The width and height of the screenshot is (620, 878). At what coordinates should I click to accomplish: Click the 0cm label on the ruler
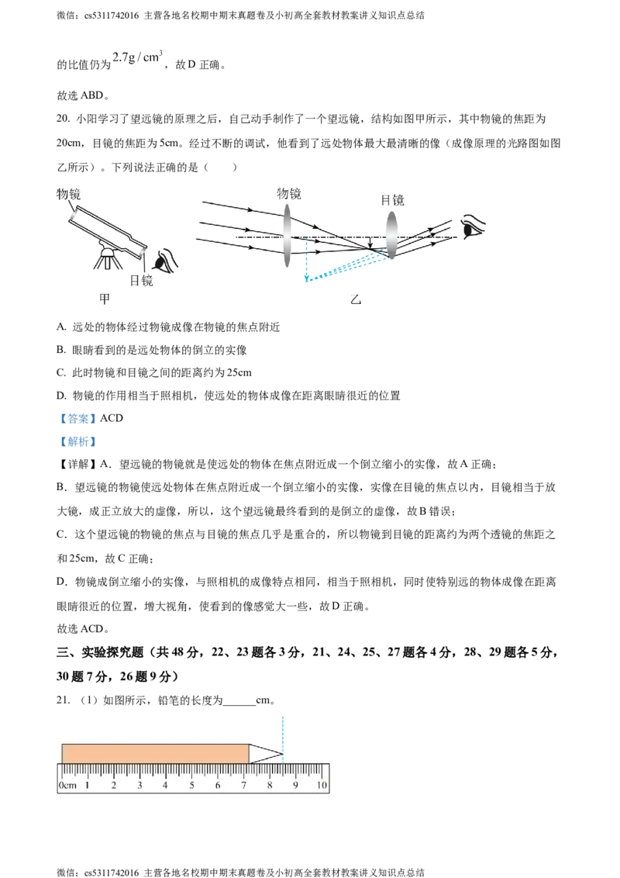pos(67,786)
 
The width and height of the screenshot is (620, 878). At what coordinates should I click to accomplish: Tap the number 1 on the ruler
pos(87,786)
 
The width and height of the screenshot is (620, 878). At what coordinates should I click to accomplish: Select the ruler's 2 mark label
pos(113,786)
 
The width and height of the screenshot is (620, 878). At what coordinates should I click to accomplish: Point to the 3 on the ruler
pos(139,786)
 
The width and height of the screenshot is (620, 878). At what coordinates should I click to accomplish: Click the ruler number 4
pos(165,786)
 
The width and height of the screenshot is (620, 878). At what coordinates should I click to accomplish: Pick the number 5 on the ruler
pos(191,786)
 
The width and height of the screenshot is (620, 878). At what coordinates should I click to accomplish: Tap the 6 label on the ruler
pos(218,786)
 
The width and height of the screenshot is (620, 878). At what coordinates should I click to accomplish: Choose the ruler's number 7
pos(244,786)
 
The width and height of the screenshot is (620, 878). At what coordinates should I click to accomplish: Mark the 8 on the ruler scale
pos(270,786)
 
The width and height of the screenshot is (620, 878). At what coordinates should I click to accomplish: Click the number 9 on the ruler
pos(296,786)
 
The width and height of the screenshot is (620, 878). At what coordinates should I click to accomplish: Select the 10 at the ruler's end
pos(322,786)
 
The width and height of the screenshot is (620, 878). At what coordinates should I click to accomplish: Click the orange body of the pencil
pos(155,753)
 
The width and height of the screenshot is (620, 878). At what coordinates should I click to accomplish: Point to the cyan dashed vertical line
pos(283,729)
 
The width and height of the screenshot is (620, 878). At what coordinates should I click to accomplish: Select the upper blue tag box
pos(77,419)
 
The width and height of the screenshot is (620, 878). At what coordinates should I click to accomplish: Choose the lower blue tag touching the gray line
pos(79,442)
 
